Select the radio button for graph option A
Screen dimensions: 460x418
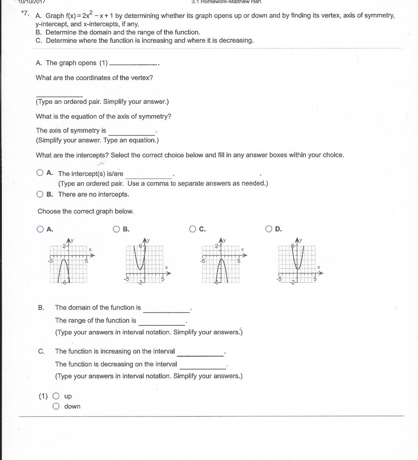40,229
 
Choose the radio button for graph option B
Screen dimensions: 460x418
117,229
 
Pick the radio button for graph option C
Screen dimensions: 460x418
193,229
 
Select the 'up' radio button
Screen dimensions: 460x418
56,396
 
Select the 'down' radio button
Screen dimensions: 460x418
56,407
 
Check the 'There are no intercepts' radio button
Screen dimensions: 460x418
40,195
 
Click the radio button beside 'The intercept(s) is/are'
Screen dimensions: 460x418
40,173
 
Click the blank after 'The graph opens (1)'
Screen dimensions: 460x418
133,63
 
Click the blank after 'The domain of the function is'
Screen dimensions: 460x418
166,308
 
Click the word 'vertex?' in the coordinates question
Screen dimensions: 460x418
141,78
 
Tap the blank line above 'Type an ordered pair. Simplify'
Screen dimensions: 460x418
59,95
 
